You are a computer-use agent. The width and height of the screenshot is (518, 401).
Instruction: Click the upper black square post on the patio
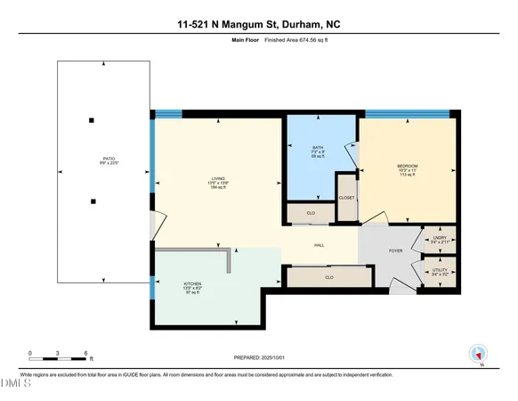[x=91, y=120]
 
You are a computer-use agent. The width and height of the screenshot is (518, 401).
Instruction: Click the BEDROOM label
[x=407, y=166]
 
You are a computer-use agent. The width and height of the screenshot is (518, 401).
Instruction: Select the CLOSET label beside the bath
[x=346, y=199]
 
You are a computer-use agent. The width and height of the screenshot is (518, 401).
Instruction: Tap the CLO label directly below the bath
[x=311, y=214]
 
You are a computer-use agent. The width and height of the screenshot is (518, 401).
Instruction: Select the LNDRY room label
[x=440, y=238]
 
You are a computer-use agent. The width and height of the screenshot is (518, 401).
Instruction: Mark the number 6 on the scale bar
[x=86, y=353]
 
